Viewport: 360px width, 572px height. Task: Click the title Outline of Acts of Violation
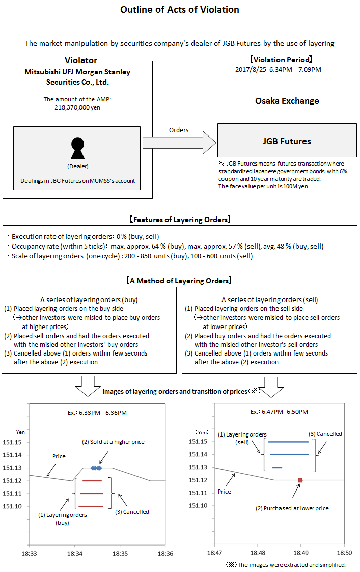pyautogui.click(x=180, y=10)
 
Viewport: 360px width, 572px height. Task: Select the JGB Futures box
pyautogui.click(x=287, y=141)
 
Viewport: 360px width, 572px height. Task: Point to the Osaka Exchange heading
pyautogui.click(x=287, y=101)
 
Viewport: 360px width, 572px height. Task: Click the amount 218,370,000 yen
pyautogui.click(x=77, y=107)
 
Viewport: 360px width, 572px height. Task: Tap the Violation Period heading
pyautogui.click(x=278, y=59)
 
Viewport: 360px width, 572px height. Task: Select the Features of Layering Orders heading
pyautogui.click(x=180, y=220)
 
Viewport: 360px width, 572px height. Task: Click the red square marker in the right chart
pyautogui.click(x=300, y=480)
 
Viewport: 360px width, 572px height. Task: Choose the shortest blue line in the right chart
pyautogui.click(x=277, y=468)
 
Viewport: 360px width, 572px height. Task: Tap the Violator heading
pyautogui.click(x=77, y=61)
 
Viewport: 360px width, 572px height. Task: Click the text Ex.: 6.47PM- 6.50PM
pyautogui.click(x=279, y=412)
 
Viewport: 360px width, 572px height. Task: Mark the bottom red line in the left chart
pyautogui.click(x=90, y=506)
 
